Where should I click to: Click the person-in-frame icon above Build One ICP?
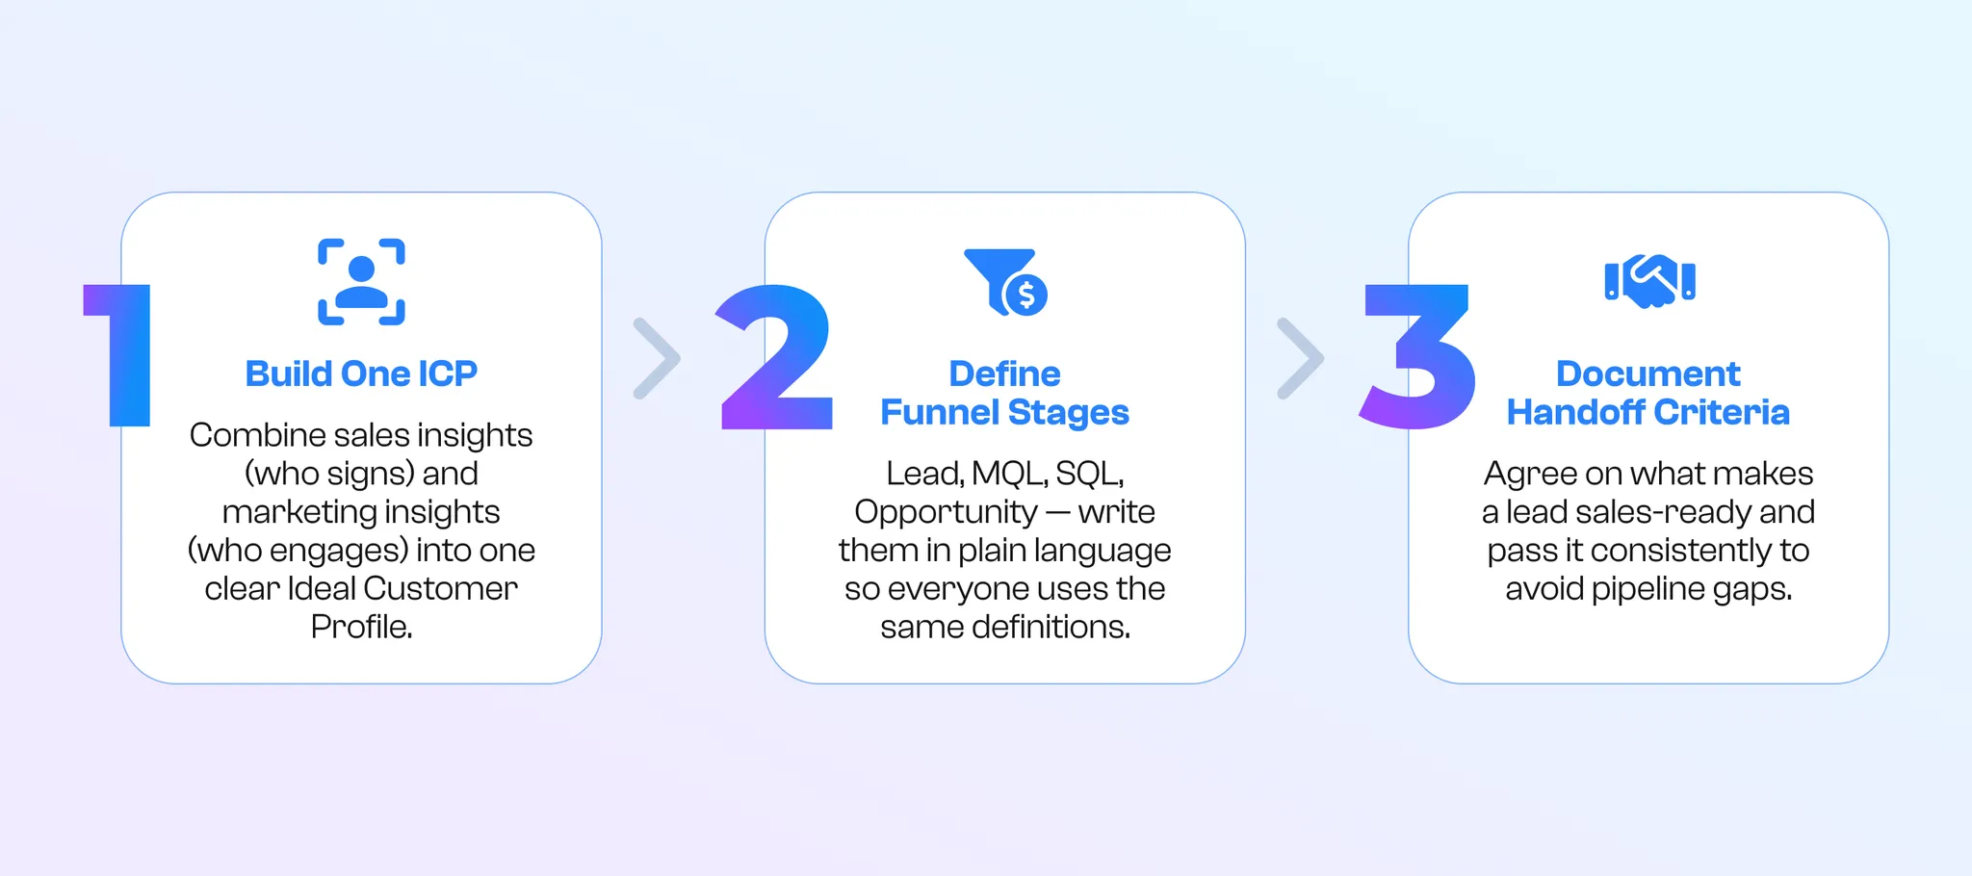[361, 282]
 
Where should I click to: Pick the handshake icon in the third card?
[1649, 280]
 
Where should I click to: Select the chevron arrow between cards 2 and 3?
[1299, 358]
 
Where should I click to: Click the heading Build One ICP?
[361, 374]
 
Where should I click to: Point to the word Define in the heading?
[1004, 374]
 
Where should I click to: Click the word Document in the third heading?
[1648, 374]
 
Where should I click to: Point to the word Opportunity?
[946, 512]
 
